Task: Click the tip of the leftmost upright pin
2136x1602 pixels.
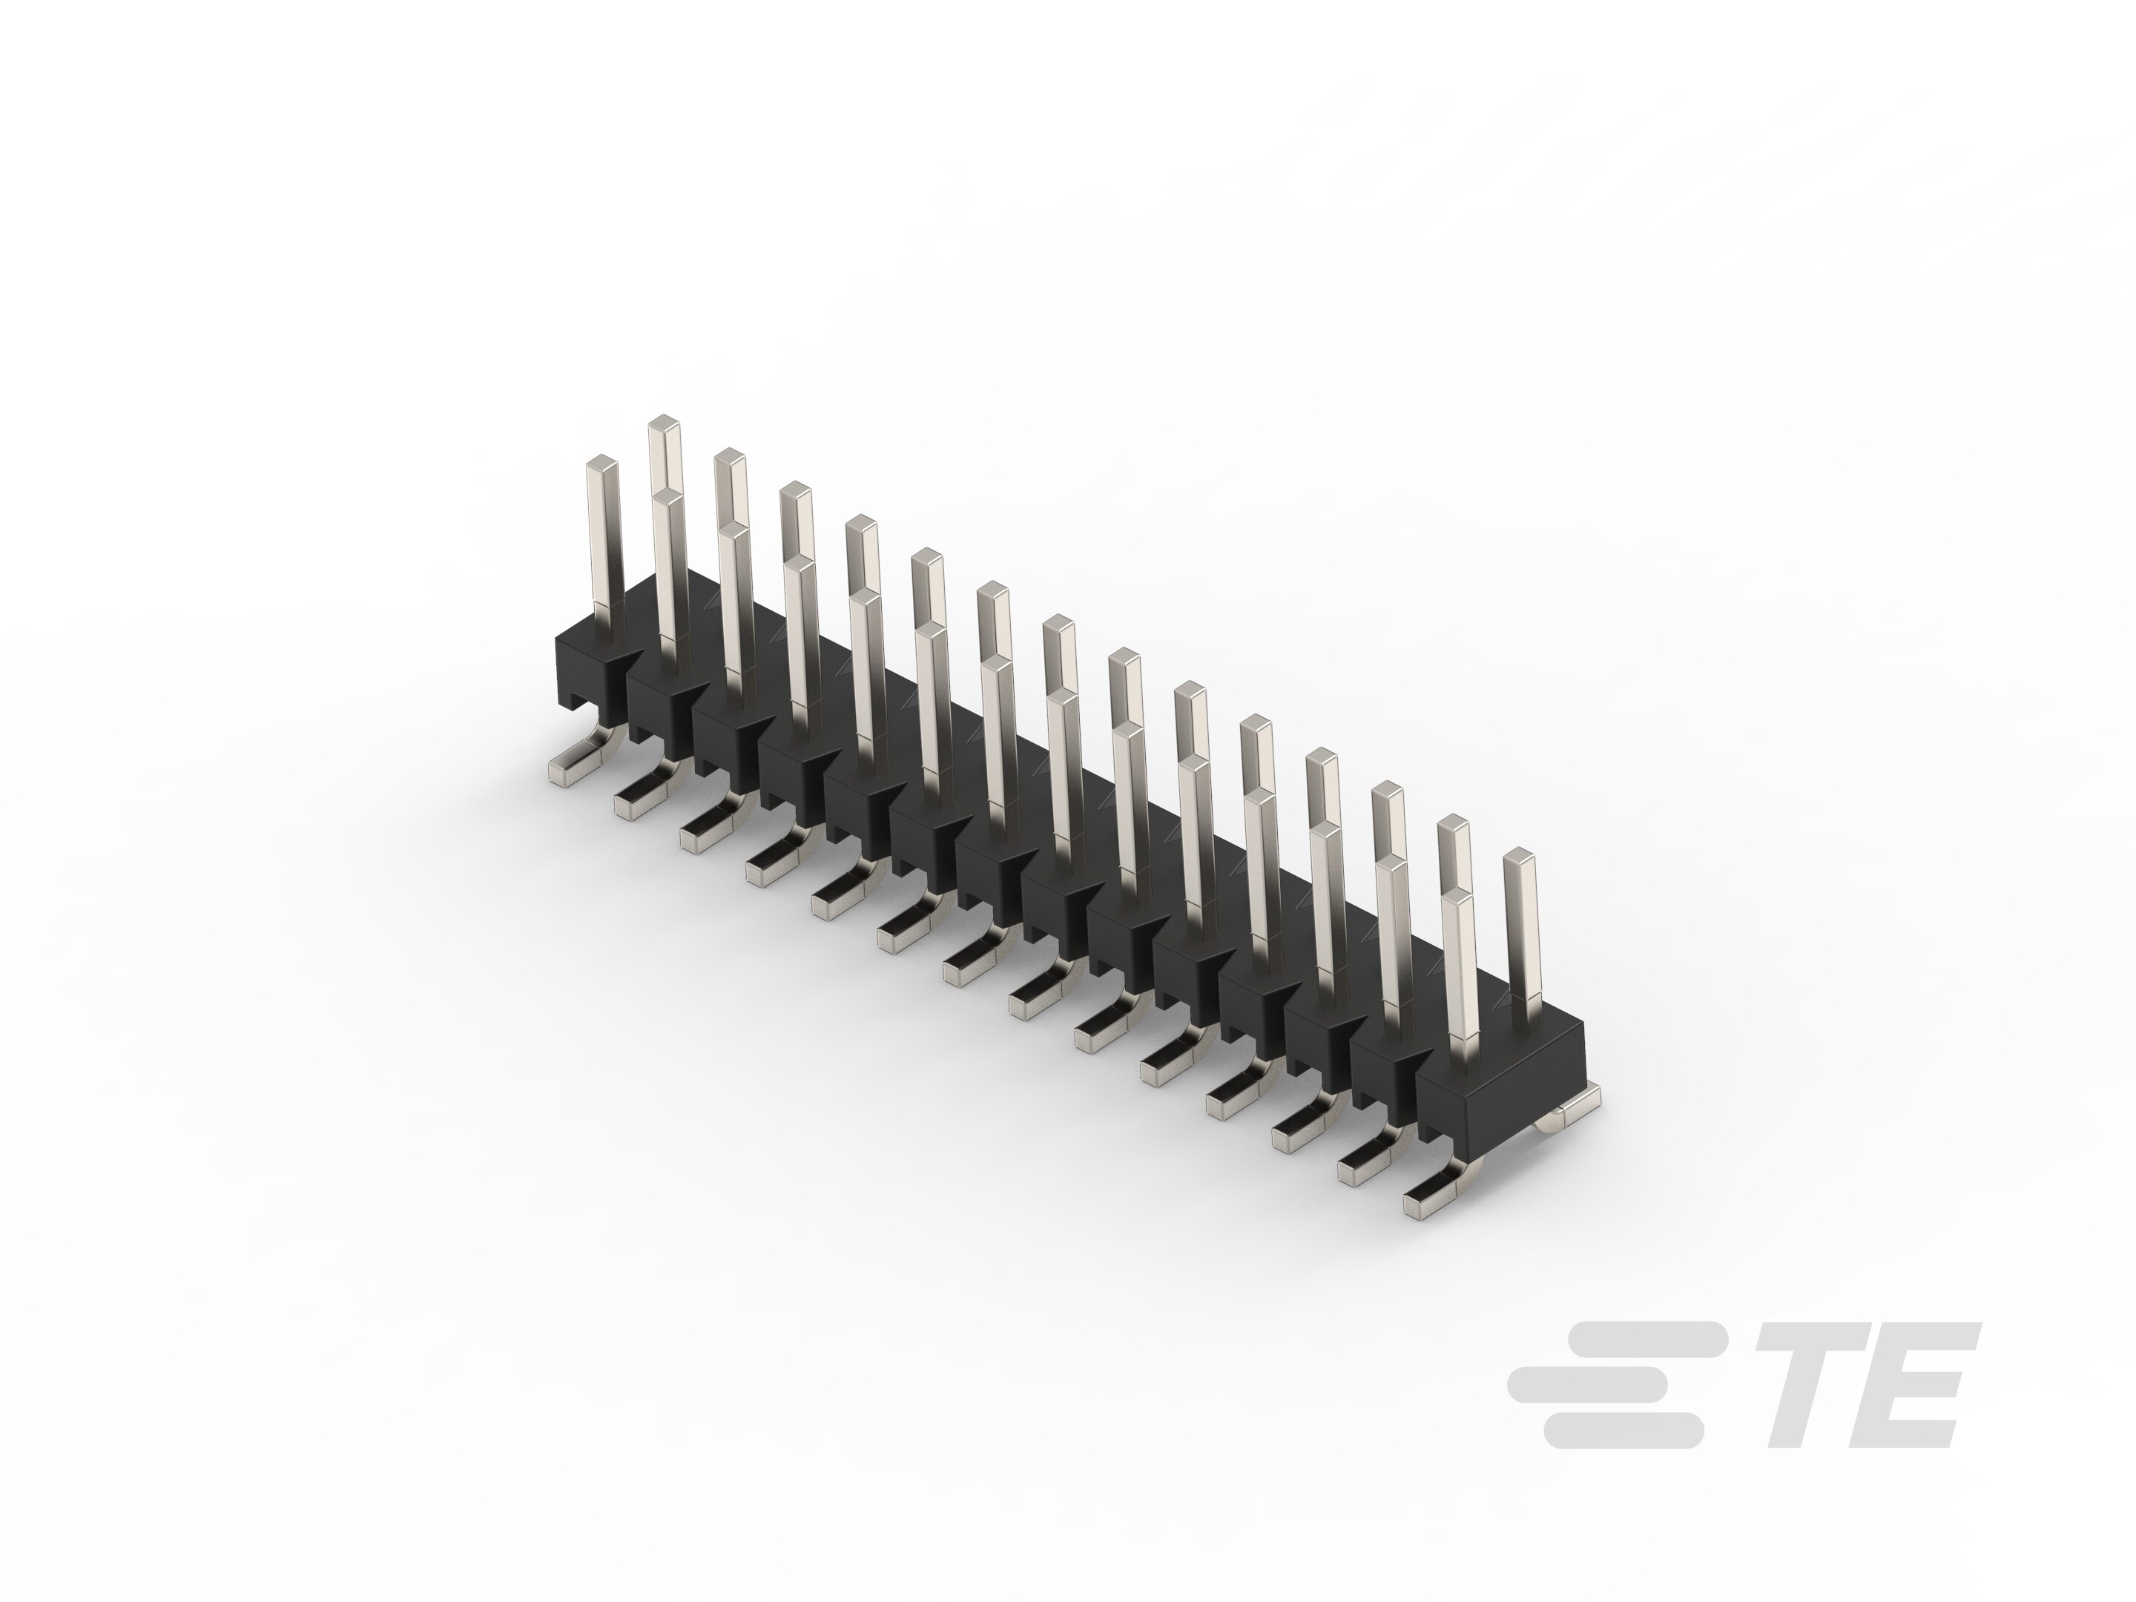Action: pyautogui.click(x=601, y=461)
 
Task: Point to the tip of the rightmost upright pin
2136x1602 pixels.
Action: pyautogui.click(x=1519, y=856)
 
